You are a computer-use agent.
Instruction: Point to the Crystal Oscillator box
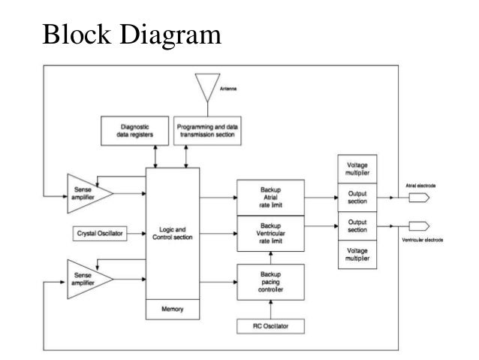pos(100,234)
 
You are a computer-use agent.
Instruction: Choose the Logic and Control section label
pos(172,233)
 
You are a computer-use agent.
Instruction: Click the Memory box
pos(172,308)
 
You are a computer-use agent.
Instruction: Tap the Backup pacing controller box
pos(270,280)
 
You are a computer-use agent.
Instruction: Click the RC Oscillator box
pos(270,326)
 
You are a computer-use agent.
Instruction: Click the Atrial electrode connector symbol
pos(419,198)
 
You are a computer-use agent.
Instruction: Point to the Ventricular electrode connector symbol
pos(419,225)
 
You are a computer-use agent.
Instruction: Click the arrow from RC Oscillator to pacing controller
pos(270,307)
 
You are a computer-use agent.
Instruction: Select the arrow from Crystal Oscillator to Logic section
pos(135,234)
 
